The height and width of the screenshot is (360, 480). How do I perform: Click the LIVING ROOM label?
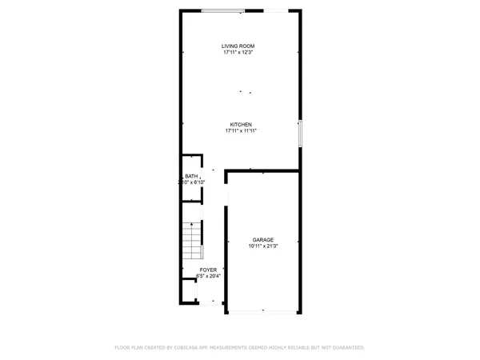coord(238,46)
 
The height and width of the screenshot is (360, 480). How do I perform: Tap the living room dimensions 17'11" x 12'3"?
coord(238,54)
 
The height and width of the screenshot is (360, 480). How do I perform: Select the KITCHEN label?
coord(242,125)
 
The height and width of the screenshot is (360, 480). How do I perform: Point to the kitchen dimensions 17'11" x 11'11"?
coord(242,132)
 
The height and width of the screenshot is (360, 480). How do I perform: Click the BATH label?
coord(192,176)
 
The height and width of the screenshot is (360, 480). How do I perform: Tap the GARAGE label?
coord(264,240)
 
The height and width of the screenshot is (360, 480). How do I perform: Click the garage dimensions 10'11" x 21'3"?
coord(264,247)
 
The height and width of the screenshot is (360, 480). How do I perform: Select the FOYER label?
coord(208,270)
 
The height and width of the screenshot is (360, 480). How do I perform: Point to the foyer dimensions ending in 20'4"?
coord(208,278)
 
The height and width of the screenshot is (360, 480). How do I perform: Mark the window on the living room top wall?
coord(223,10)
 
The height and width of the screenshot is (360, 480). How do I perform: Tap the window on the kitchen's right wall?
coord(301,134)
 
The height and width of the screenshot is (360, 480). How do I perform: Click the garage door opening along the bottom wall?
coord(263,311)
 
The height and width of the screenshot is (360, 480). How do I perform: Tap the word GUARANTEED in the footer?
coord(345,348)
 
